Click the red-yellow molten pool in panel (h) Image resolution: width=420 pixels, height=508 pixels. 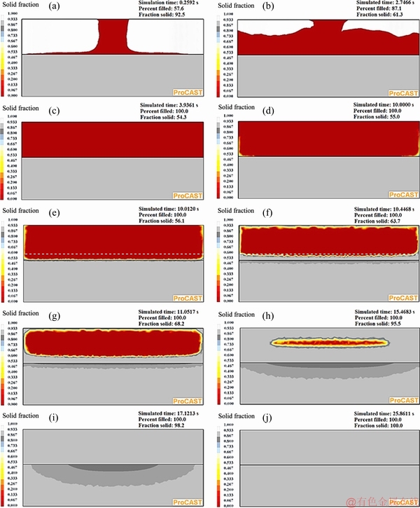329,343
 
